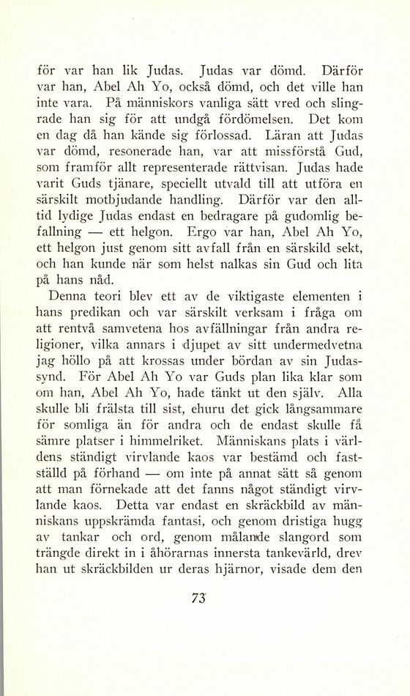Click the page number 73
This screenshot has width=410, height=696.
click(195, 598)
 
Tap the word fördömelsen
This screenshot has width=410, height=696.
click(244, 119)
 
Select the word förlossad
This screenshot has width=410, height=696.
click(219, 135)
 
